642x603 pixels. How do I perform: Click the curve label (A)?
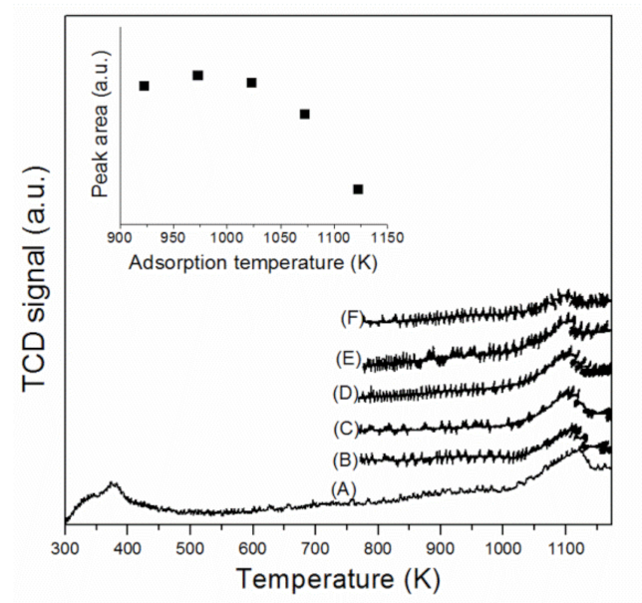[344, 487]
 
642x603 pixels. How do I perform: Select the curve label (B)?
[344, 459]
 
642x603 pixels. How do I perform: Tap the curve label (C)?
[344, 429]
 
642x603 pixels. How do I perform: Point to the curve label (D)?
[344, 395]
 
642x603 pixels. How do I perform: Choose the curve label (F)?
[350, 320]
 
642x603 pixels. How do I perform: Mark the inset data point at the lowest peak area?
[358, 189]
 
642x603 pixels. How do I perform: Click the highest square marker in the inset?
[197, 76]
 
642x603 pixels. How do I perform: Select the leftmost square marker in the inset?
[145, 86]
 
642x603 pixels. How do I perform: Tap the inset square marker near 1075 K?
[304, 114]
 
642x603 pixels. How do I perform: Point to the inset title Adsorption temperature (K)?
[252, 263]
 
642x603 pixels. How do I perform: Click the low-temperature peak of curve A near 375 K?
[113, 485]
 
